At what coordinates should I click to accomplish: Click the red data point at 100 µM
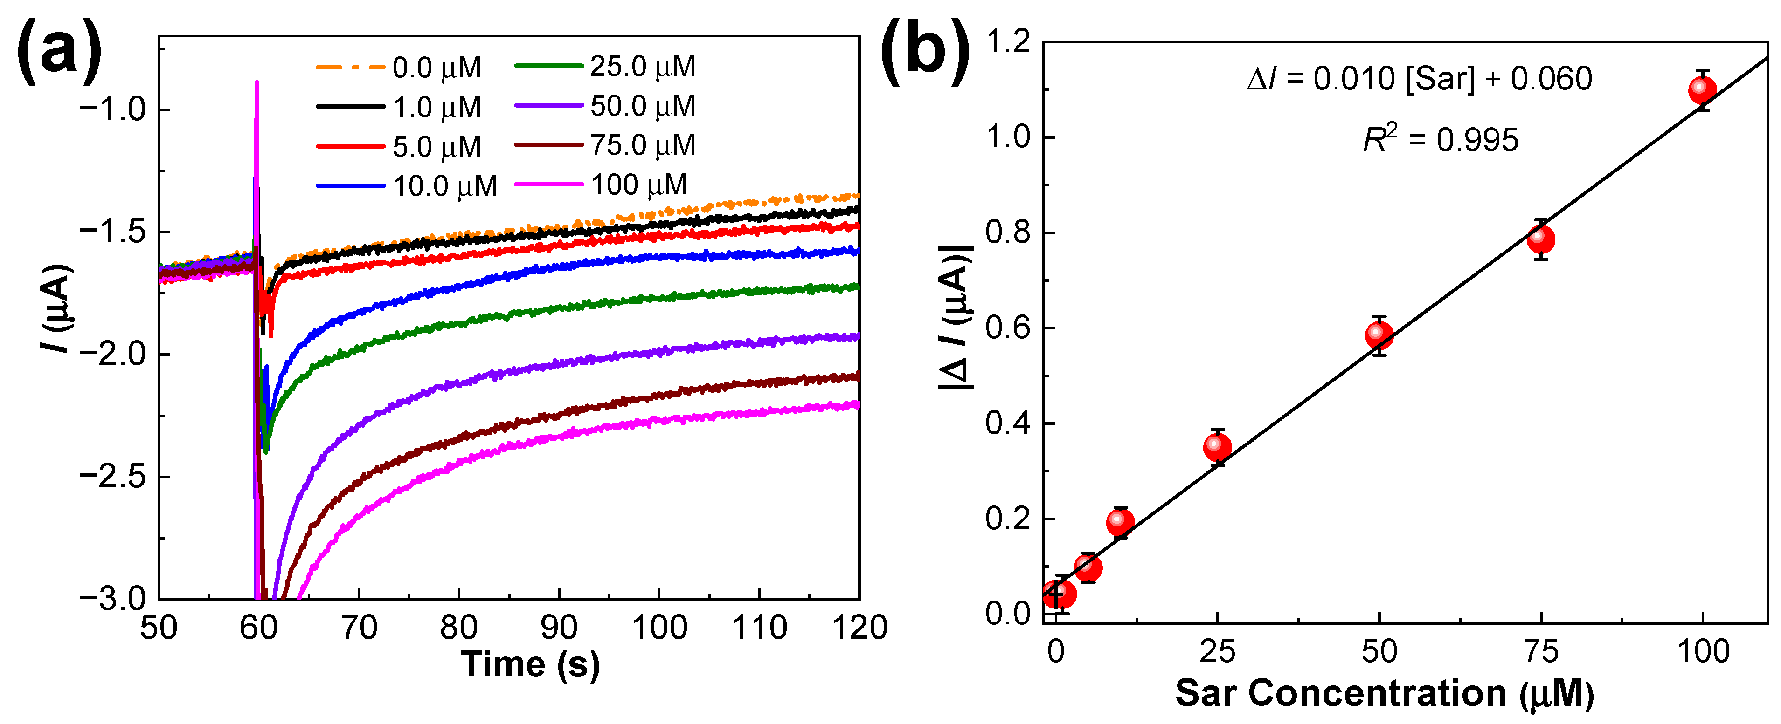[x=1702, y=90]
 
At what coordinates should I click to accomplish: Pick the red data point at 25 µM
[x=1217, y=448]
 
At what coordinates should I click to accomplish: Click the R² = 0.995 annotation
[x=1440, y=140]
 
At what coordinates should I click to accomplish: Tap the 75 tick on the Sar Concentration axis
[x=1540, y=651]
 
